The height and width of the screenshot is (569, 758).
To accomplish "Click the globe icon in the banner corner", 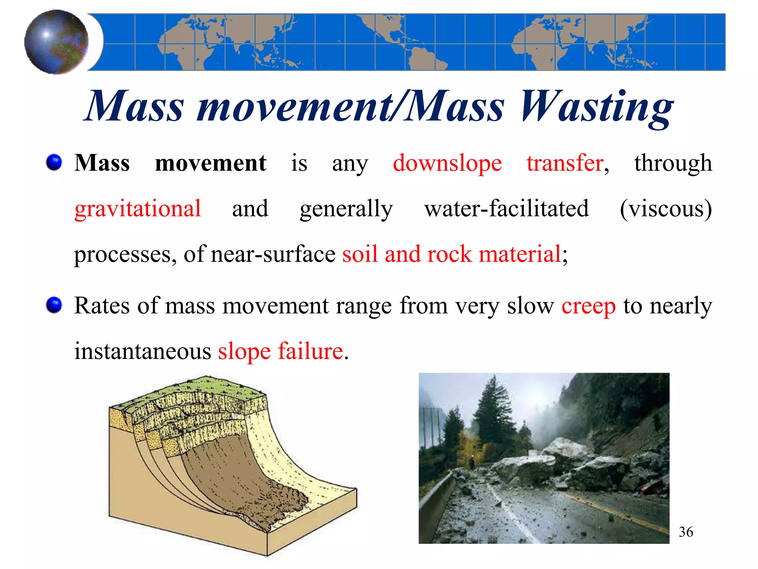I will pos(56,42).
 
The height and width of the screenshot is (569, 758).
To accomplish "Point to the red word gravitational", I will pos(138,209).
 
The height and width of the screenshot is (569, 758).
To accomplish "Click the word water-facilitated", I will pos(506,209).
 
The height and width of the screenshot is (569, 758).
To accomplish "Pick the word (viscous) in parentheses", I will pos(665,209).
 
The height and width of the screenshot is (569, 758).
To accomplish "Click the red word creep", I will pos(588,306).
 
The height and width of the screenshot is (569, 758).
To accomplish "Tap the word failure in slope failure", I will pos(311,351).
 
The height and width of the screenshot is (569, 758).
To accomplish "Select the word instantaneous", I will pos(142,351).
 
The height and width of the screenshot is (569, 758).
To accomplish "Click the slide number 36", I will pos(685,532).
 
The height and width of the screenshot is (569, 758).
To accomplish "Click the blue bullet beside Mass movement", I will pos(54,163).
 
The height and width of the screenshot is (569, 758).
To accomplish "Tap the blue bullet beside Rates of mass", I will pos(54,305).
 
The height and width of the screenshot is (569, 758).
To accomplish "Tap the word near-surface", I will pos(273,254).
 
